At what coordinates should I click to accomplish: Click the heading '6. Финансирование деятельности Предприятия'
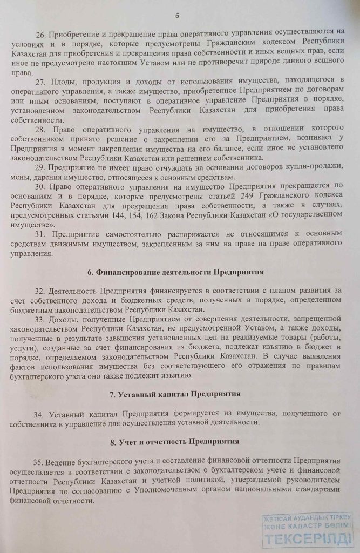179,272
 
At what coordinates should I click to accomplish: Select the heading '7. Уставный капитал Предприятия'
179,394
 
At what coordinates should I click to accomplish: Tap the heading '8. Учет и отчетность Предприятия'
179,442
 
